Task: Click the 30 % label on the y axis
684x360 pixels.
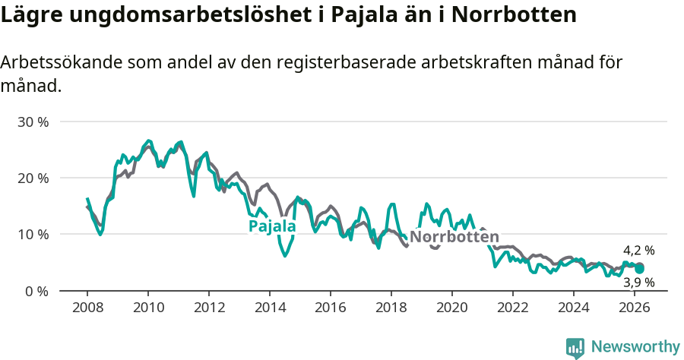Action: [x=33, y=122]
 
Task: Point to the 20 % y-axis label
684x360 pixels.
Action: [x=33, y=178]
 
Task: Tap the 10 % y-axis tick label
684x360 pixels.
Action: [x=33, y=234]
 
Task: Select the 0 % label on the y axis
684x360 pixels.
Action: [x=36, y=291]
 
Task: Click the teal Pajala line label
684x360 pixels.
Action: [x=272, y=226]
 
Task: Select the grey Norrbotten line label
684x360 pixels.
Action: [x=454, y=236]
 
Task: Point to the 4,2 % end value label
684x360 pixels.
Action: [x=639, y=250]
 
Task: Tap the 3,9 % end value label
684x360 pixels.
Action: [x=639, y=283]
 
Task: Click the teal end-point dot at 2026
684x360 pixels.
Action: [x=640, y=269]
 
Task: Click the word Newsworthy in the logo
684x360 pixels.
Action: [x=635, y=347]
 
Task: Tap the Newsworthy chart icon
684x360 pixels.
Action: [x=575, y=348]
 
